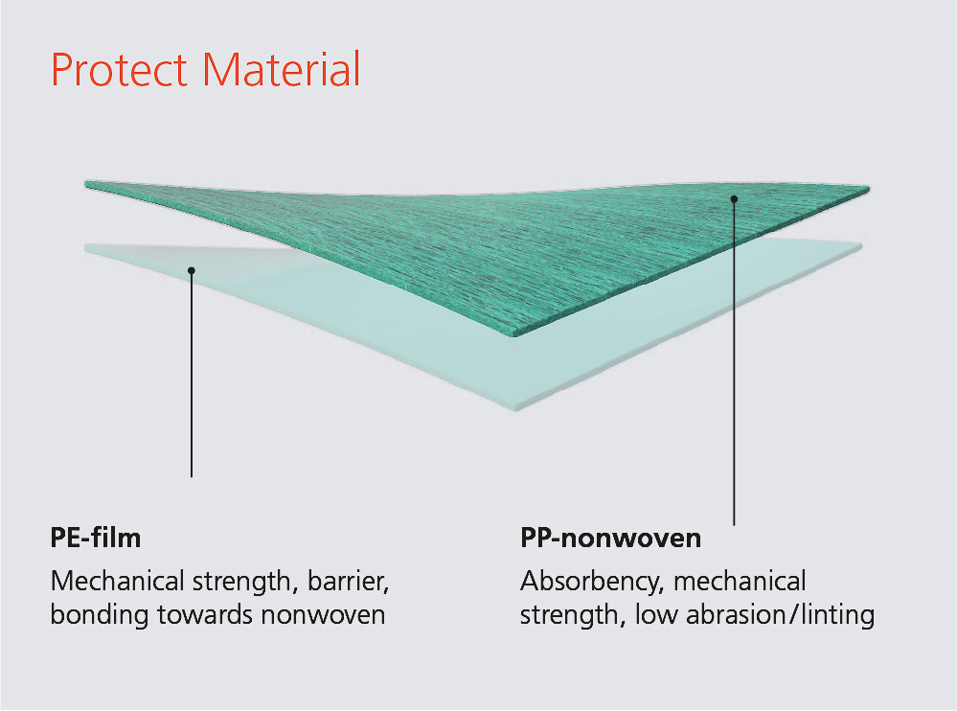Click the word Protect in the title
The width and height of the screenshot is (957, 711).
point(119,70)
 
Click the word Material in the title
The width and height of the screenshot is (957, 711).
point(282,69)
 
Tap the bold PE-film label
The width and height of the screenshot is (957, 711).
point(96,538)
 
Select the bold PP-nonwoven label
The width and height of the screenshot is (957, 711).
point(610,539)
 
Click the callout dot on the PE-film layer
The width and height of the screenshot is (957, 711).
point(192,270)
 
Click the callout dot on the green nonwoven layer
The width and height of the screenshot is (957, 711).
point(734,199)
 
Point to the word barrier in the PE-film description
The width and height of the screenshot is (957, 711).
point(349,581)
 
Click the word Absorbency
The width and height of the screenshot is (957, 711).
point(591,582)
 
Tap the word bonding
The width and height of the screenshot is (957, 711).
point(100,615)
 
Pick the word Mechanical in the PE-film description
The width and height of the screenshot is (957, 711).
point(118,581)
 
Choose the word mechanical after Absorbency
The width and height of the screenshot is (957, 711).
point(740,581)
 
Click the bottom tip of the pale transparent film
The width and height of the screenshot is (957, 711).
point(516,409)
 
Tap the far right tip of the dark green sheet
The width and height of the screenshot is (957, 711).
point(869,189)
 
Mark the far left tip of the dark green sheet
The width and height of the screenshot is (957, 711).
point(85,182)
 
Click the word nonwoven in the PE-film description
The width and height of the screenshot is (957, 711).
point(324,615)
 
